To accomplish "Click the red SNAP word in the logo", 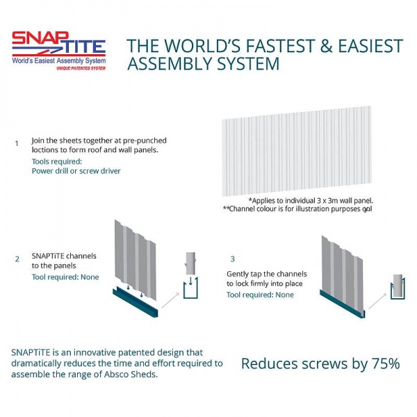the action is pos(40,38).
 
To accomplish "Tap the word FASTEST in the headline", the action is pos(280,46).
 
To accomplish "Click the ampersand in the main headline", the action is pos(327,46).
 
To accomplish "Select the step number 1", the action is pos(17,144).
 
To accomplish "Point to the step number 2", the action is pos(17,259).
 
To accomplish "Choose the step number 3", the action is pos(233,259).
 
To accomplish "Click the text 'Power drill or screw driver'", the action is pos(76,171).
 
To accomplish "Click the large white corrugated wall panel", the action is pos(297,151).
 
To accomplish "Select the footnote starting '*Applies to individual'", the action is pos(311,201).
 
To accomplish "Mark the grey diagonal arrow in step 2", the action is pos(170,300).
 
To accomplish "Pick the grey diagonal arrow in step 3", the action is pos(377,301).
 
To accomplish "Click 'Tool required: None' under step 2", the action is pos(65,277).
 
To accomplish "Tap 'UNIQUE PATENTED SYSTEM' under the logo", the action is pos(81,68).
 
